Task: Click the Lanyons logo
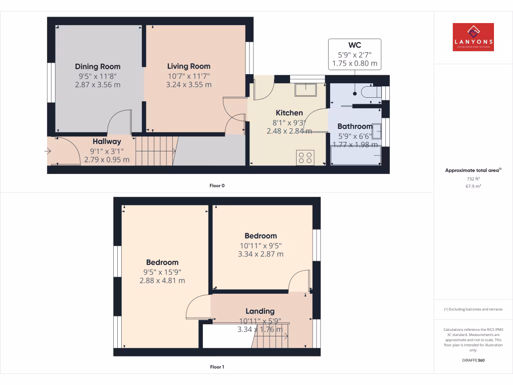pos(473,37)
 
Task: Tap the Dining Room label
pos(98,66)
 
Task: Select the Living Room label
pos(188,66)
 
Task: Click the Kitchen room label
pos(289,113)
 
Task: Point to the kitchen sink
pos(305,89)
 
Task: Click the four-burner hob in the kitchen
pos(305,157)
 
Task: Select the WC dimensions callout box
pos(354,54)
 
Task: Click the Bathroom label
pos(355,126)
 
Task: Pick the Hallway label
pos(107,142)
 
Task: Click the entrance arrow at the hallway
pos(48,150)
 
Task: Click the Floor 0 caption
pos(217,185)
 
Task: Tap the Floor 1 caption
pos(217,367)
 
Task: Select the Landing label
pos(260,311)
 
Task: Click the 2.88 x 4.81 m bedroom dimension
pos(162,281)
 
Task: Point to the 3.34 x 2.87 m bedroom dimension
pos(261,254)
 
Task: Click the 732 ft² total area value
pos(473,178)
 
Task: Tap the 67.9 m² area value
pos(473,186)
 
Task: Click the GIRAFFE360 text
pos(473,360)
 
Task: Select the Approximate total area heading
pos(473,170)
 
